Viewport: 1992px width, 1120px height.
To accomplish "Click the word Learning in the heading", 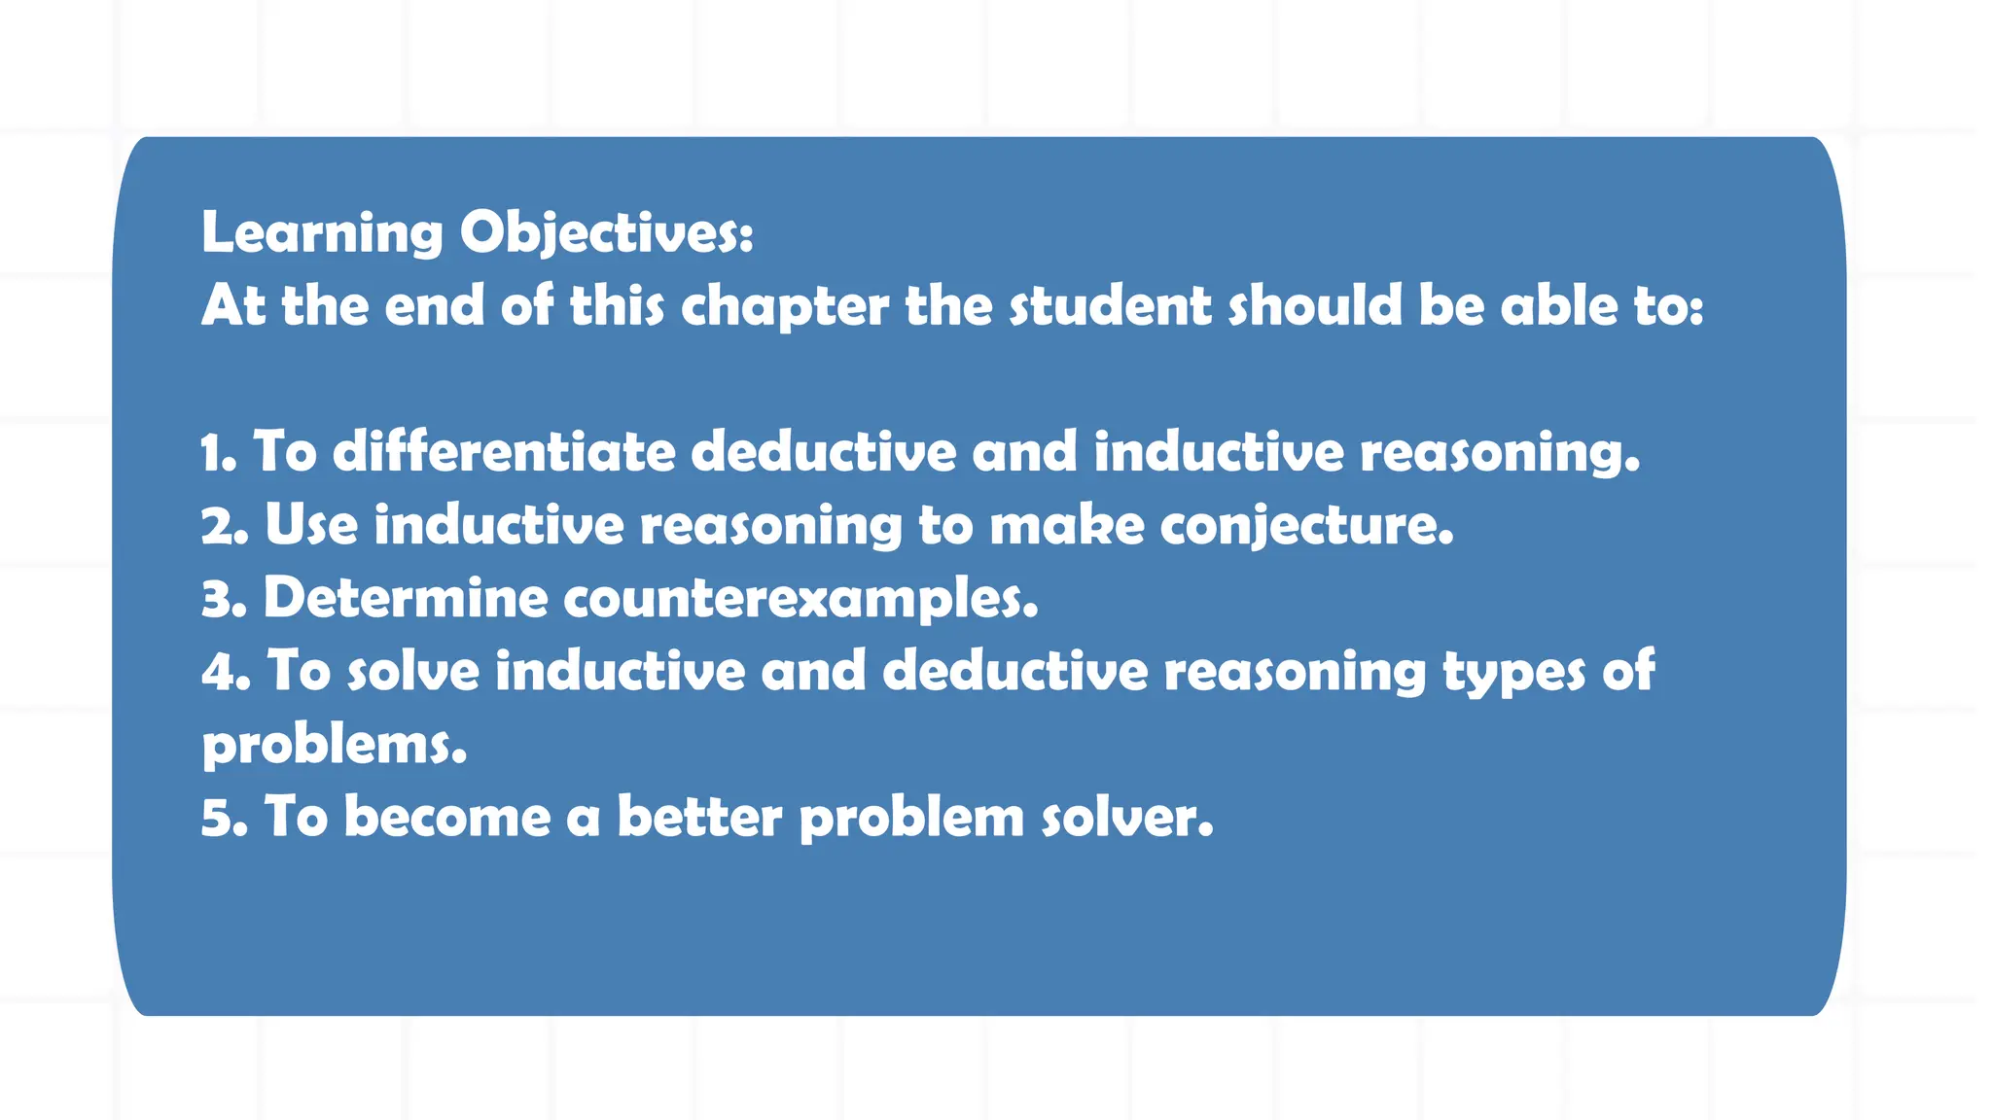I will tap(322, 233).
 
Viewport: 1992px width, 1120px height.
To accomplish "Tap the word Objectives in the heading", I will tap(606, 233).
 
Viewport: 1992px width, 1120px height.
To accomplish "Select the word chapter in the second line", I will tap(784, 306).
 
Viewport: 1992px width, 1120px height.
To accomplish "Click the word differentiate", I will tap(504, 452).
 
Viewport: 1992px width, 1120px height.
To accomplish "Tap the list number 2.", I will tap(224, 525).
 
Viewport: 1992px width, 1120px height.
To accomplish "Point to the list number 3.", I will tap(224, 598).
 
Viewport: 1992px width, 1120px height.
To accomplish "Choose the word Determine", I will tap(406, 598).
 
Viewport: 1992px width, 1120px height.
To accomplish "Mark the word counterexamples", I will tap(800, 598).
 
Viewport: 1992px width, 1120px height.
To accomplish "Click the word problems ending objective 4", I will tap(334, 745).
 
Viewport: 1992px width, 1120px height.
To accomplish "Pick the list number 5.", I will tap(224, 817).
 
